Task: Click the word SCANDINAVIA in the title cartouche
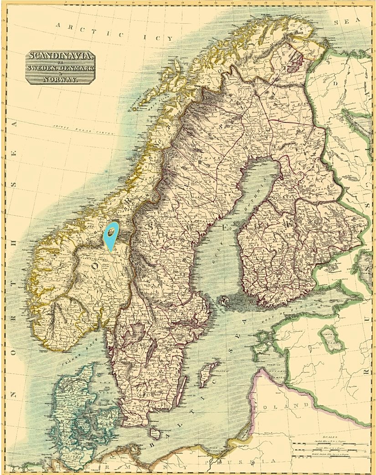click(60, 56)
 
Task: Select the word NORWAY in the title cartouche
click(60, 79)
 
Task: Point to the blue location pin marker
click(110, 233)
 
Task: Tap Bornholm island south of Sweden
click(155, 433)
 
